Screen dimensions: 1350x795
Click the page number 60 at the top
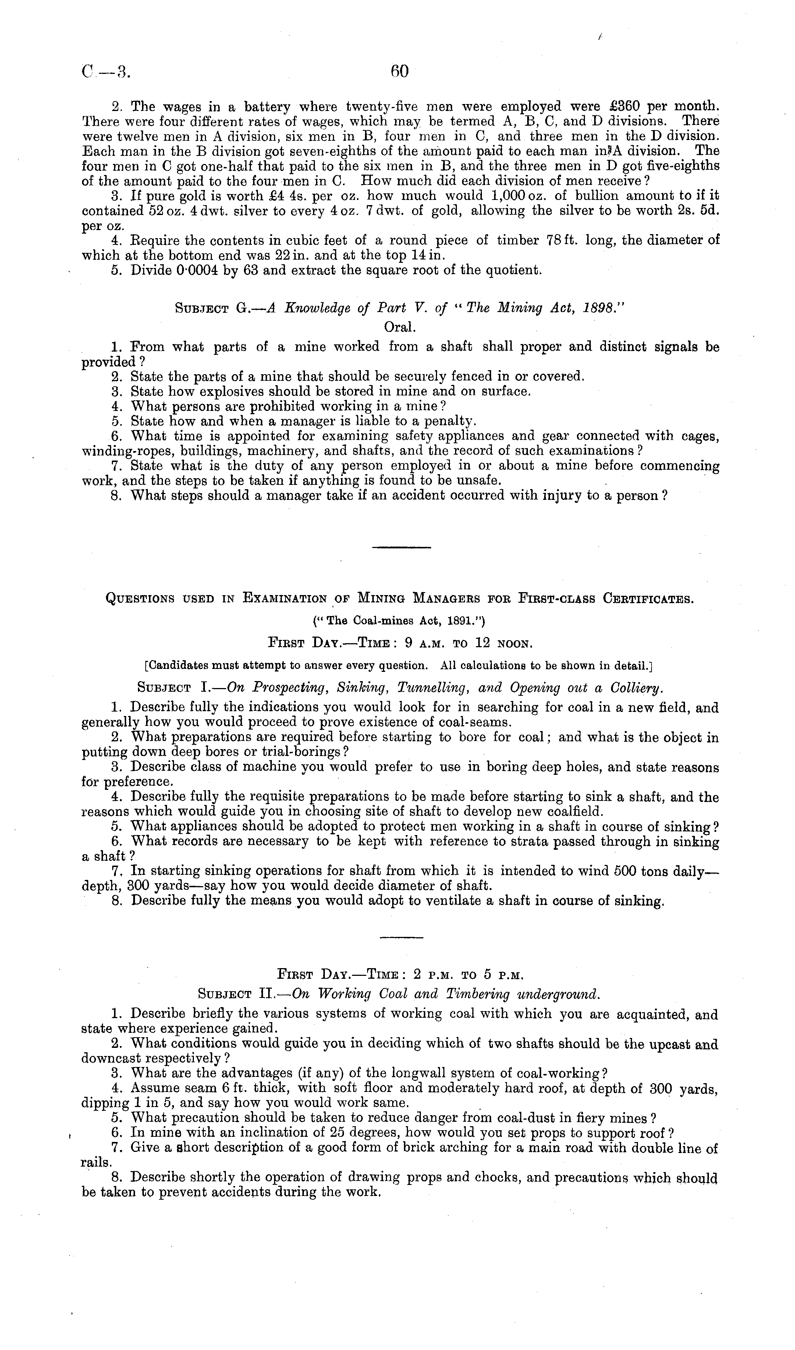coord(400,72)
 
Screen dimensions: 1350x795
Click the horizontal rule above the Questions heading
coord(401,547)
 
